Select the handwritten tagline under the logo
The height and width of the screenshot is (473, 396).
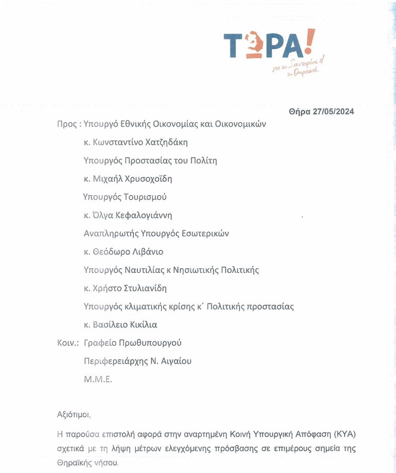[298, 67]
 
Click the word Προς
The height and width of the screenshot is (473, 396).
[67, 124]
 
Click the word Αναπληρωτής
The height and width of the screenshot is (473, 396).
[110, 234]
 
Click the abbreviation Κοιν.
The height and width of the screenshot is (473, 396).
[68, 343]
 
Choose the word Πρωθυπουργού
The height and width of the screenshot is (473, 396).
[150, 343]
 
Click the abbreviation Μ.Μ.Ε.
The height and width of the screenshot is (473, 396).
[98, 379]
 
